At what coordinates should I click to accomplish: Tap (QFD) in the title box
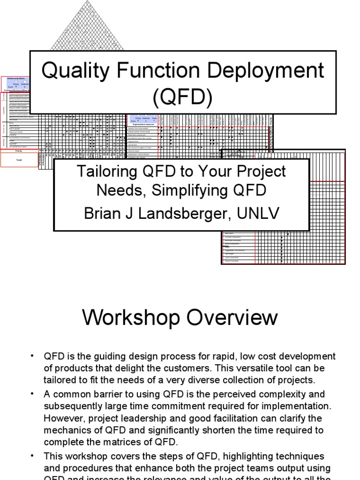point(182,97)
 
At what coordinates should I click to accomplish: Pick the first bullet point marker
point(32,356)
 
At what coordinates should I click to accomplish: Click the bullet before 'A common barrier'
point(32,394)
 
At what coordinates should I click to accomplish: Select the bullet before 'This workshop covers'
point(32,455)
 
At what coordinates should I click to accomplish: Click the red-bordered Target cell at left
point(19,160)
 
